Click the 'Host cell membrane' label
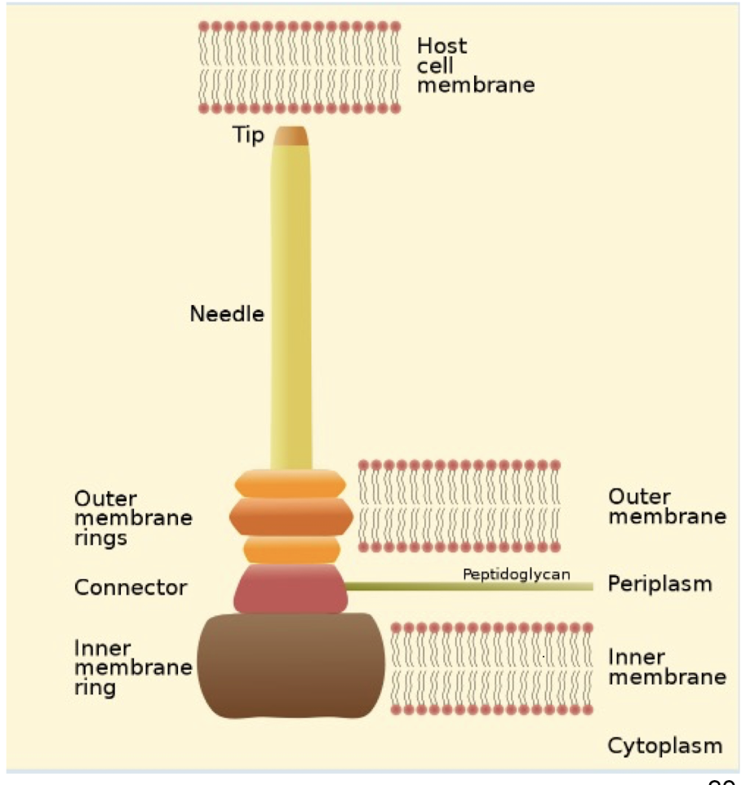click(475, 65)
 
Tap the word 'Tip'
click(248, 135)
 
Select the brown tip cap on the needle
click(291, 135)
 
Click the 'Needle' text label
click(227, 313)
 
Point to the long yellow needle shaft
click(291, 310)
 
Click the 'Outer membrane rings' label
click(133, 517)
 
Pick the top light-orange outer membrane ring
click(291, 483)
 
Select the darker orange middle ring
click(291, 516)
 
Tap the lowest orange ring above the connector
click(291, 549)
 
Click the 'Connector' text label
click(131, 587)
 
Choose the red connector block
click(291, 588)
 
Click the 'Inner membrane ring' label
click(133, 667)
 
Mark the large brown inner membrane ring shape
click(291, 666)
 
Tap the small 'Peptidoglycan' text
click(516, 574)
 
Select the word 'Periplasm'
click(659, 583)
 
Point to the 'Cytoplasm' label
click(664, 744)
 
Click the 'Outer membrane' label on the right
click(667, 506)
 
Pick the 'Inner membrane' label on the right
click(667, 667)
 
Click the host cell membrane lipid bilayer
click(300, 67)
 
